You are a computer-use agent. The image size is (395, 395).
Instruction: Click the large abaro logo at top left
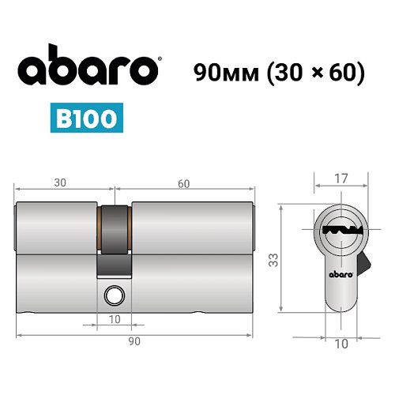pyautogui.click(x=88, y=70)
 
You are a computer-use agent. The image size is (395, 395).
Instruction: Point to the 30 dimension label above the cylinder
pyautogui.click(x=59, y=183)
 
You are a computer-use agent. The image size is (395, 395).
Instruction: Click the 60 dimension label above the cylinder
pyautogui.click(x=183, y=183)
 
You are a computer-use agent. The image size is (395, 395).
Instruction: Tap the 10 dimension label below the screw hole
pyautogui.click(x=115, y=320)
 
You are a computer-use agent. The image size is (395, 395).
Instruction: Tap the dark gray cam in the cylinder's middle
pyautogui.click(x=115, y=238)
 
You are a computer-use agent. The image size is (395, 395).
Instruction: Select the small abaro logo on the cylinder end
pyautogui.click(x=340, y=276)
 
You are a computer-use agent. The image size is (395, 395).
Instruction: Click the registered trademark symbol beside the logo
pyautogui.click(x=162, y=58)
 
